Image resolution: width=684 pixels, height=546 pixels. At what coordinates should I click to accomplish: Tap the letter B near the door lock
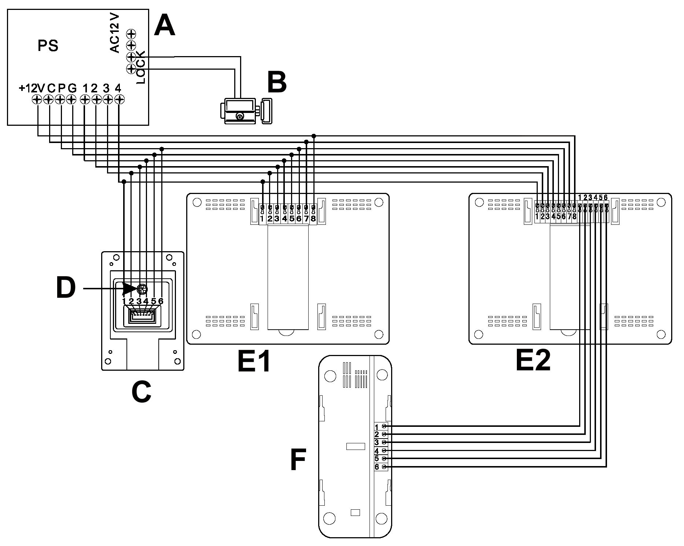[x=277, y=82]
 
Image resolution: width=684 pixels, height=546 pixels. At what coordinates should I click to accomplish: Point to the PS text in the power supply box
[x=48, y=46]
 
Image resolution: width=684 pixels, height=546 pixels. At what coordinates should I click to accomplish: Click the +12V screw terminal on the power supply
[x=37, y=99]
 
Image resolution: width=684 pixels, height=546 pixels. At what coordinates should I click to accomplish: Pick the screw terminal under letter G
[x=71, y=99]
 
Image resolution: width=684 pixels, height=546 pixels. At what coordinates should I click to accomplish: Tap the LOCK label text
[x=141, y=67]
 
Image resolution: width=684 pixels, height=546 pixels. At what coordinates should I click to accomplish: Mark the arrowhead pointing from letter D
[x=129, y=289]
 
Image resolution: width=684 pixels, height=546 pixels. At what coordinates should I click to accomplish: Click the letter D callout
[x=66, y=288]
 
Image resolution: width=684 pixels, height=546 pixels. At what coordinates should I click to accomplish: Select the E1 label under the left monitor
[x=254, y=361]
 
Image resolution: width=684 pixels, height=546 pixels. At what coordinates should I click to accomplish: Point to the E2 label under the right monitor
[x=533, y=360]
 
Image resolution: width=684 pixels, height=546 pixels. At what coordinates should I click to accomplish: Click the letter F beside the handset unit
[x=298, y=460]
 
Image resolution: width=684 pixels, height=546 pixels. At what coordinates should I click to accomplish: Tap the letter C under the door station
[x=141, y=392]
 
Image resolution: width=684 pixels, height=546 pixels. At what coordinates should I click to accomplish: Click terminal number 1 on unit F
[x=377, y=427]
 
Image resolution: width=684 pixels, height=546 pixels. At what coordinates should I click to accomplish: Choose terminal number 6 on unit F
[x=377, y=467]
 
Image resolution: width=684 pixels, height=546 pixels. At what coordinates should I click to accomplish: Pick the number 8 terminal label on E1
[x=313, y=219]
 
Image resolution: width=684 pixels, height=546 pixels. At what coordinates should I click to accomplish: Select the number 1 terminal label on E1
[x=262, y=219]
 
